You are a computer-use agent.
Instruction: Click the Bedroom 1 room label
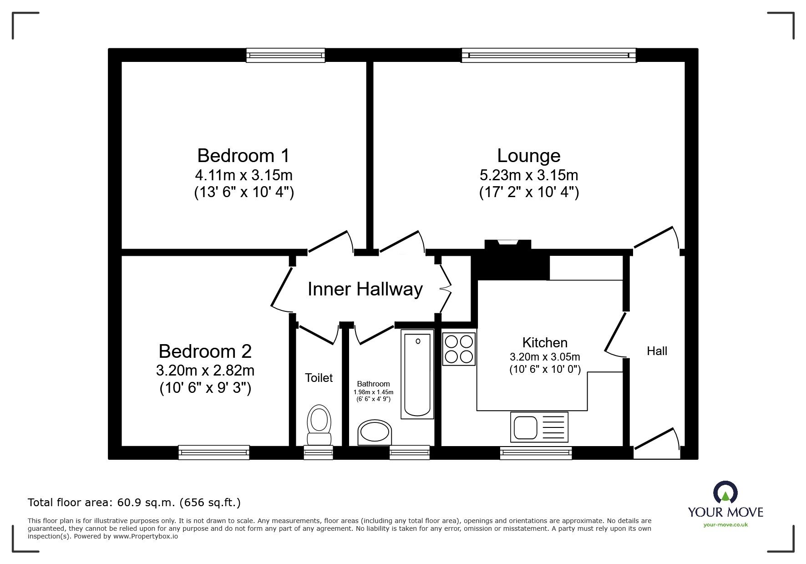tap(243, 156)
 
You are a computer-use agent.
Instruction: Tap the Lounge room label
tap(528, 156)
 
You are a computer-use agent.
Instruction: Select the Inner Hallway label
tap(365, 289)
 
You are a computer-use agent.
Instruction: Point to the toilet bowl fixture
tap(319, 425)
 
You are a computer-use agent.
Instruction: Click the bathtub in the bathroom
tap(417, 374)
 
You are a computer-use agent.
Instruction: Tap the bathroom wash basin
tap(375, 432)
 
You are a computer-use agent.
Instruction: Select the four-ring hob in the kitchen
tap(459, 349)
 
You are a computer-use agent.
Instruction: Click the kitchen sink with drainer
tap(539, 427)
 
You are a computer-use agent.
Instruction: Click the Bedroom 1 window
tap(286, 55)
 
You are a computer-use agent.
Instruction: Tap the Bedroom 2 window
tap(214, 452)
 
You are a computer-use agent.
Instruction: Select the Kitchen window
tap(536, 452)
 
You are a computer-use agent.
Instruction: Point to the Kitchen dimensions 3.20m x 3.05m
tap(545, 357)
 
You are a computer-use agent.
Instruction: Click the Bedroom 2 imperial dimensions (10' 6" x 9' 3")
tap(205, 388)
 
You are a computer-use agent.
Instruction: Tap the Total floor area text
tap(134, 503)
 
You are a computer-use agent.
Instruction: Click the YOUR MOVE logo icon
tap(725, 493)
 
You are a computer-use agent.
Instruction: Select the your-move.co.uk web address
tap(725, 524)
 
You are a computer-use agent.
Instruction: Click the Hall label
tap(657, 351)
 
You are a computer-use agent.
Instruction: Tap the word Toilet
tap(319, 378)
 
